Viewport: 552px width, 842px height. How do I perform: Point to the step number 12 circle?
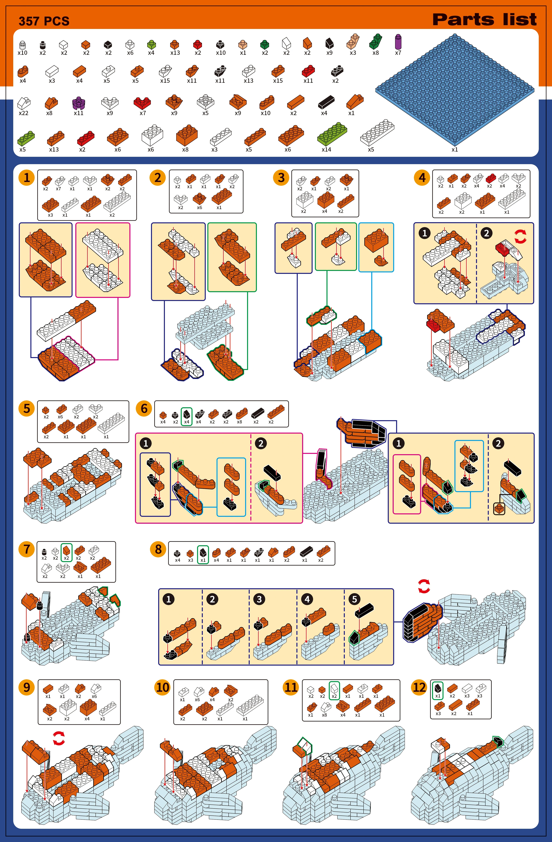pyautogui.click(x=419, y=687)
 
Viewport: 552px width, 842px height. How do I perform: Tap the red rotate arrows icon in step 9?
pyautogui.click(x=59, y=738)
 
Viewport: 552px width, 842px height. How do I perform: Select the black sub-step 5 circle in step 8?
pyautogui.click(x=354, y=599)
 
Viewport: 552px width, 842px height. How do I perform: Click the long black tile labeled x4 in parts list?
pyautogui.click(x=326, y=102)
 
